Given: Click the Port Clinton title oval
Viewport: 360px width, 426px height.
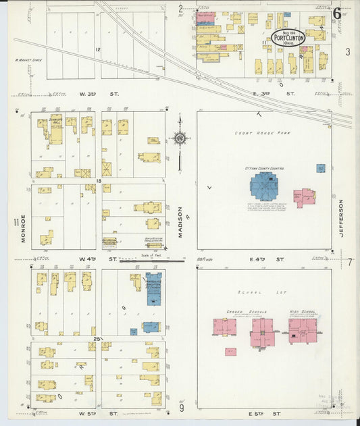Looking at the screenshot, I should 288,37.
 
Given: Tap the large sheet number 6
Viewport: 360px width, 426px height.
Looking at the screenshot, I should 336,14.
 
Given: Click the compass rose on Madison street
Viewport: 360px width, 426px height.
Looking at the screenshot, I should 180,138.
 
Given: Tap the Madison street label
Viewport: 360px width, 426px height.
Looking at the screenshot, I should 180,222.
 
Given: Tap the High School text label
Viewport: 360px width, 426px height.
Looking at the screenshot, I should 303,312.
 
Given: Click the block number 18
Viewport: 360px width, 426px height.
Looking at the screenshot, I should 98,182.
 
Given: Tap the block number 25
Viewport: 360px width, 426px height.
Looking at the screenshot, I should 98,338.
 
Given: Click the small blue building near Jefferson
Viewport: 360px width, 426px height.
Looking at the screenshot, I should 320,168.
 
